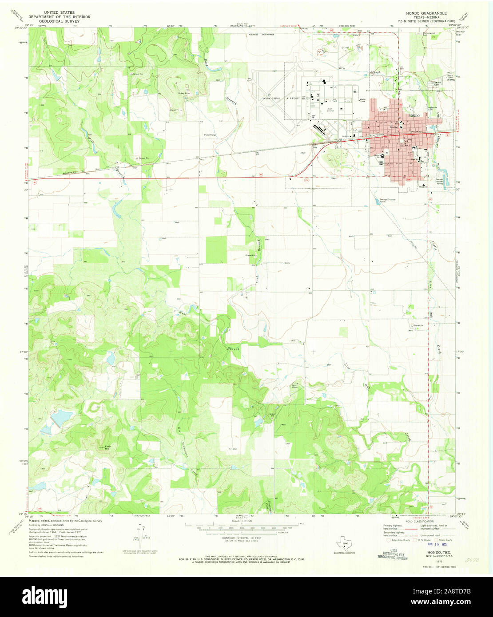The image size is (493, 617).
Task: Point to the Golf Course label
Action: [330, 109]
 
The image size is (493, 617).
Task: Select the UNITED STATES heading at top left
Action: [60, 13]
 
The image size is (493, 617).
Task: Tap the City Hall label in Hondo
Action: [394, 127]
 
